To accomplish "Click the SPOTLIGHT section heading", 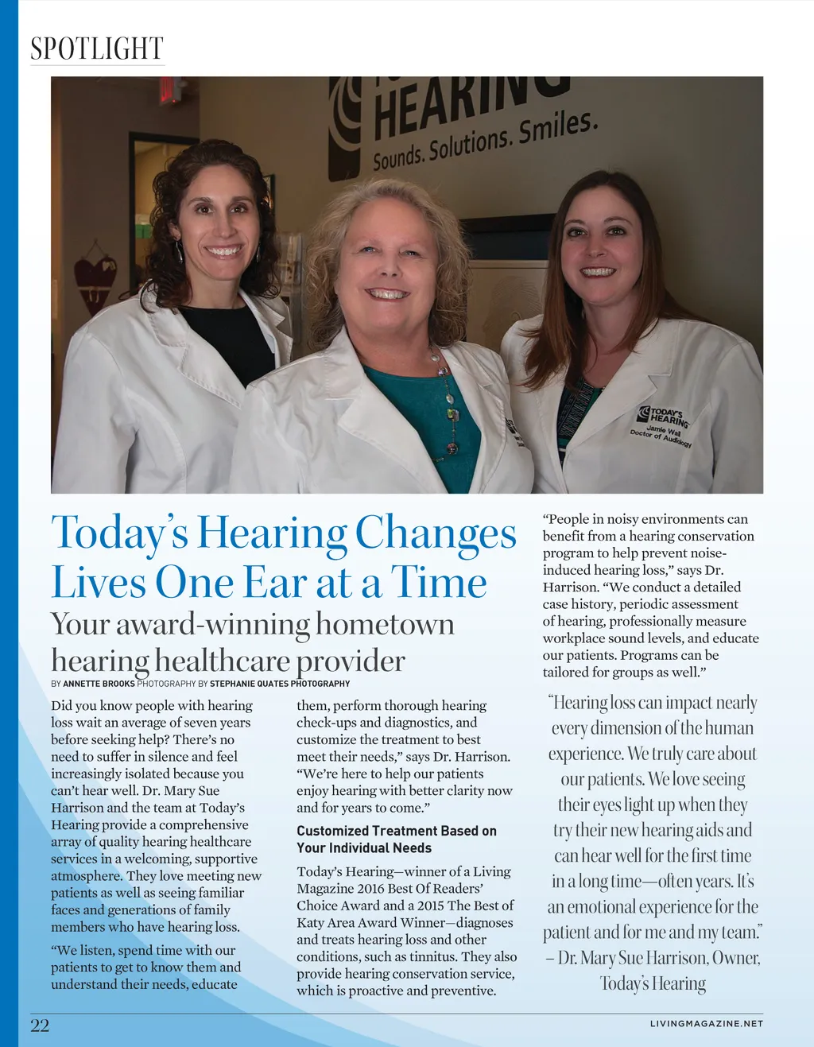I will point(96,49).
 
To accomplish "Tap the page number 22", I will point(40,1026).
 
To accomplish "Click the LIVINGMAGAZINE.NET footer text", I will point(706,1024).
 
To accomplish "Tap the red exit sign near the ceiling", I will point(170,90).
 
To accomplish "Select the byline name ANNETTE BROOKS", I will point(99,684).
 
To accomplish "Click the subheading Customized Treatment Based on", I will point(396,831).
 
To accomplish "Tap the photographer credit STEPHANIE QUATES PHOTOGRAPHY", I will point(280,684).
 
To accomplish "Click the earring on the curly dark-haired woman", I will point(180,253).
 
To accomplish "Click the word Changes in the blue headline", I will point(436,533).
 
